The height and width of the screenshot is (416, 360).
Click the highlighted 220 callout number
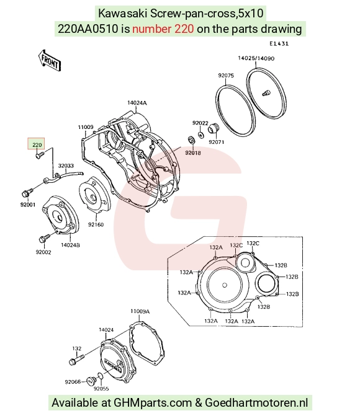coord(37,145)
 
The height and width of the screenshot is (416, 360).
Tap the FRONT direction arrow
coord(50,61)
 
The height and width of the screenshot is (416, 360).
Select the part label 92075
coord(226,76)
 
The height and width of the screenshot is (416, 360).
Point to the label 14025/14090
coord(256,58)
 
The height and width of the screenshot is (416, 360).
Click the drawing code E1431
coord(279,43)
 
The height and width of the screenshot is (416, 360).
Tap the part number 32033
coord(66,166)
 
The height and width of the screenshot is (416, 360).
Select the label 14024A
coord(137,103)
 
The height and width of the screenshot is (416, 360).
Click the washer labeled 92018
coord(191,139)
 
